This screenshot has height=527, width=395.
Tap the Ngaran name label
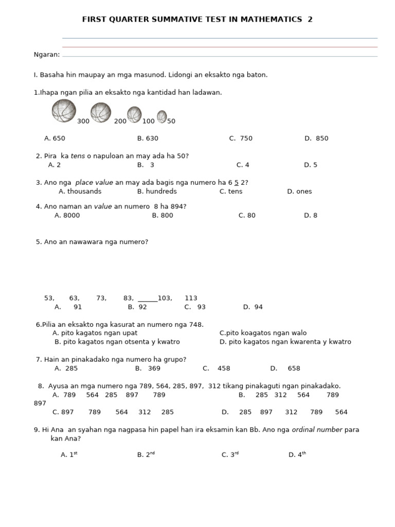click(x=46, y=55)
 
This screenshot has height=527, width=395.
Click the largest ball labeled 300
click(x=64, y=111)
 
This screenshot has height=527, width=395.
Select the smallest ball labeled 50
click(x=161, y=117)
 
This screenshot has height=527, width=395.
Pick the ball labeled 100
click(x=134, y=114)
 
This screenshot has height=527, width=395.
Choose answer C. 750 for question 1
click(x=241, y=138)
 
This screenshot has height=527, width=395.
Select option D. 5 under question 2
click(x=311, y=165)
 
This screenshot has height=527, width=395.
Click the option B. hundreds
click(x=157, y=191)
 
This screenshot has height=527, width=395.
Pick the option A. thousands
click(x=80, y=191)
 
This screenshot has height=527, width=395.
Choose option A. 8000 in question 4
click(x=67, y=216)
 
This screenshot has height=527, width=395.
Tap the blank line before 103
click(x=148, y=298)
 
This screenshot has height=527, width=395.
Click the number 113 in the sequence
click(x=191, y=298)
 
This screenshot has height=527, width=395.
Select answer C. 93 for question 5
click(x=195, y=307)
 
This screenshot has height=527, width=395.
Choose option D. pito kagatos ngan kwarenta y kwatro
click(x=285, y=342)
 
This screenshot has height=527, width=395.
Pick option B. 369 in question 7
click(x=148, y=368)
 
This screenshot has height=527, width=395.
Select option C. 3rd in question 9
click(x=230, y=455)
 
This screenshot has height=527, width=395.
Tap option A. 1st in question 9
click(x=69, y=455)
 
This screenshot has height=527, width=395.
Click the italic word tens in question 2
click(x=78, y=156)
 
